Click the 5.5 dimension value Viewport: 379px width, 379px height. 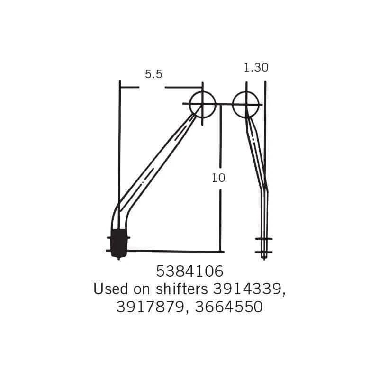point(153,74)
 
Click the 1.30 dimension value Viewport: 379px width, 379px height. point(256,68)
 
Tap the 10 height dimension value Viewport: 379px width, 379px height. point(219,178)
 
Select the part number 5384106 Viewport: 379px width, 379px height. point(189,272)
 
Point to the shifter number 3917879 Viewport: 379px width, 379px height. point(148,307)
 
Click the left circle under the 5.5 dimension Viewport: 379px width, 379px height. point(202,104)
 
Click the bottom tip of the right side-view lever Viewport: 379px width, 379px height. point(264,257)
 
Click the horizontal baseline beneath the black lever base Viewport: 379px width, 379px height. point(175,250)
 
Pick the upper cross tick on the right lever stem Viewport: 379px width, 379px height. point(264,238)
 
